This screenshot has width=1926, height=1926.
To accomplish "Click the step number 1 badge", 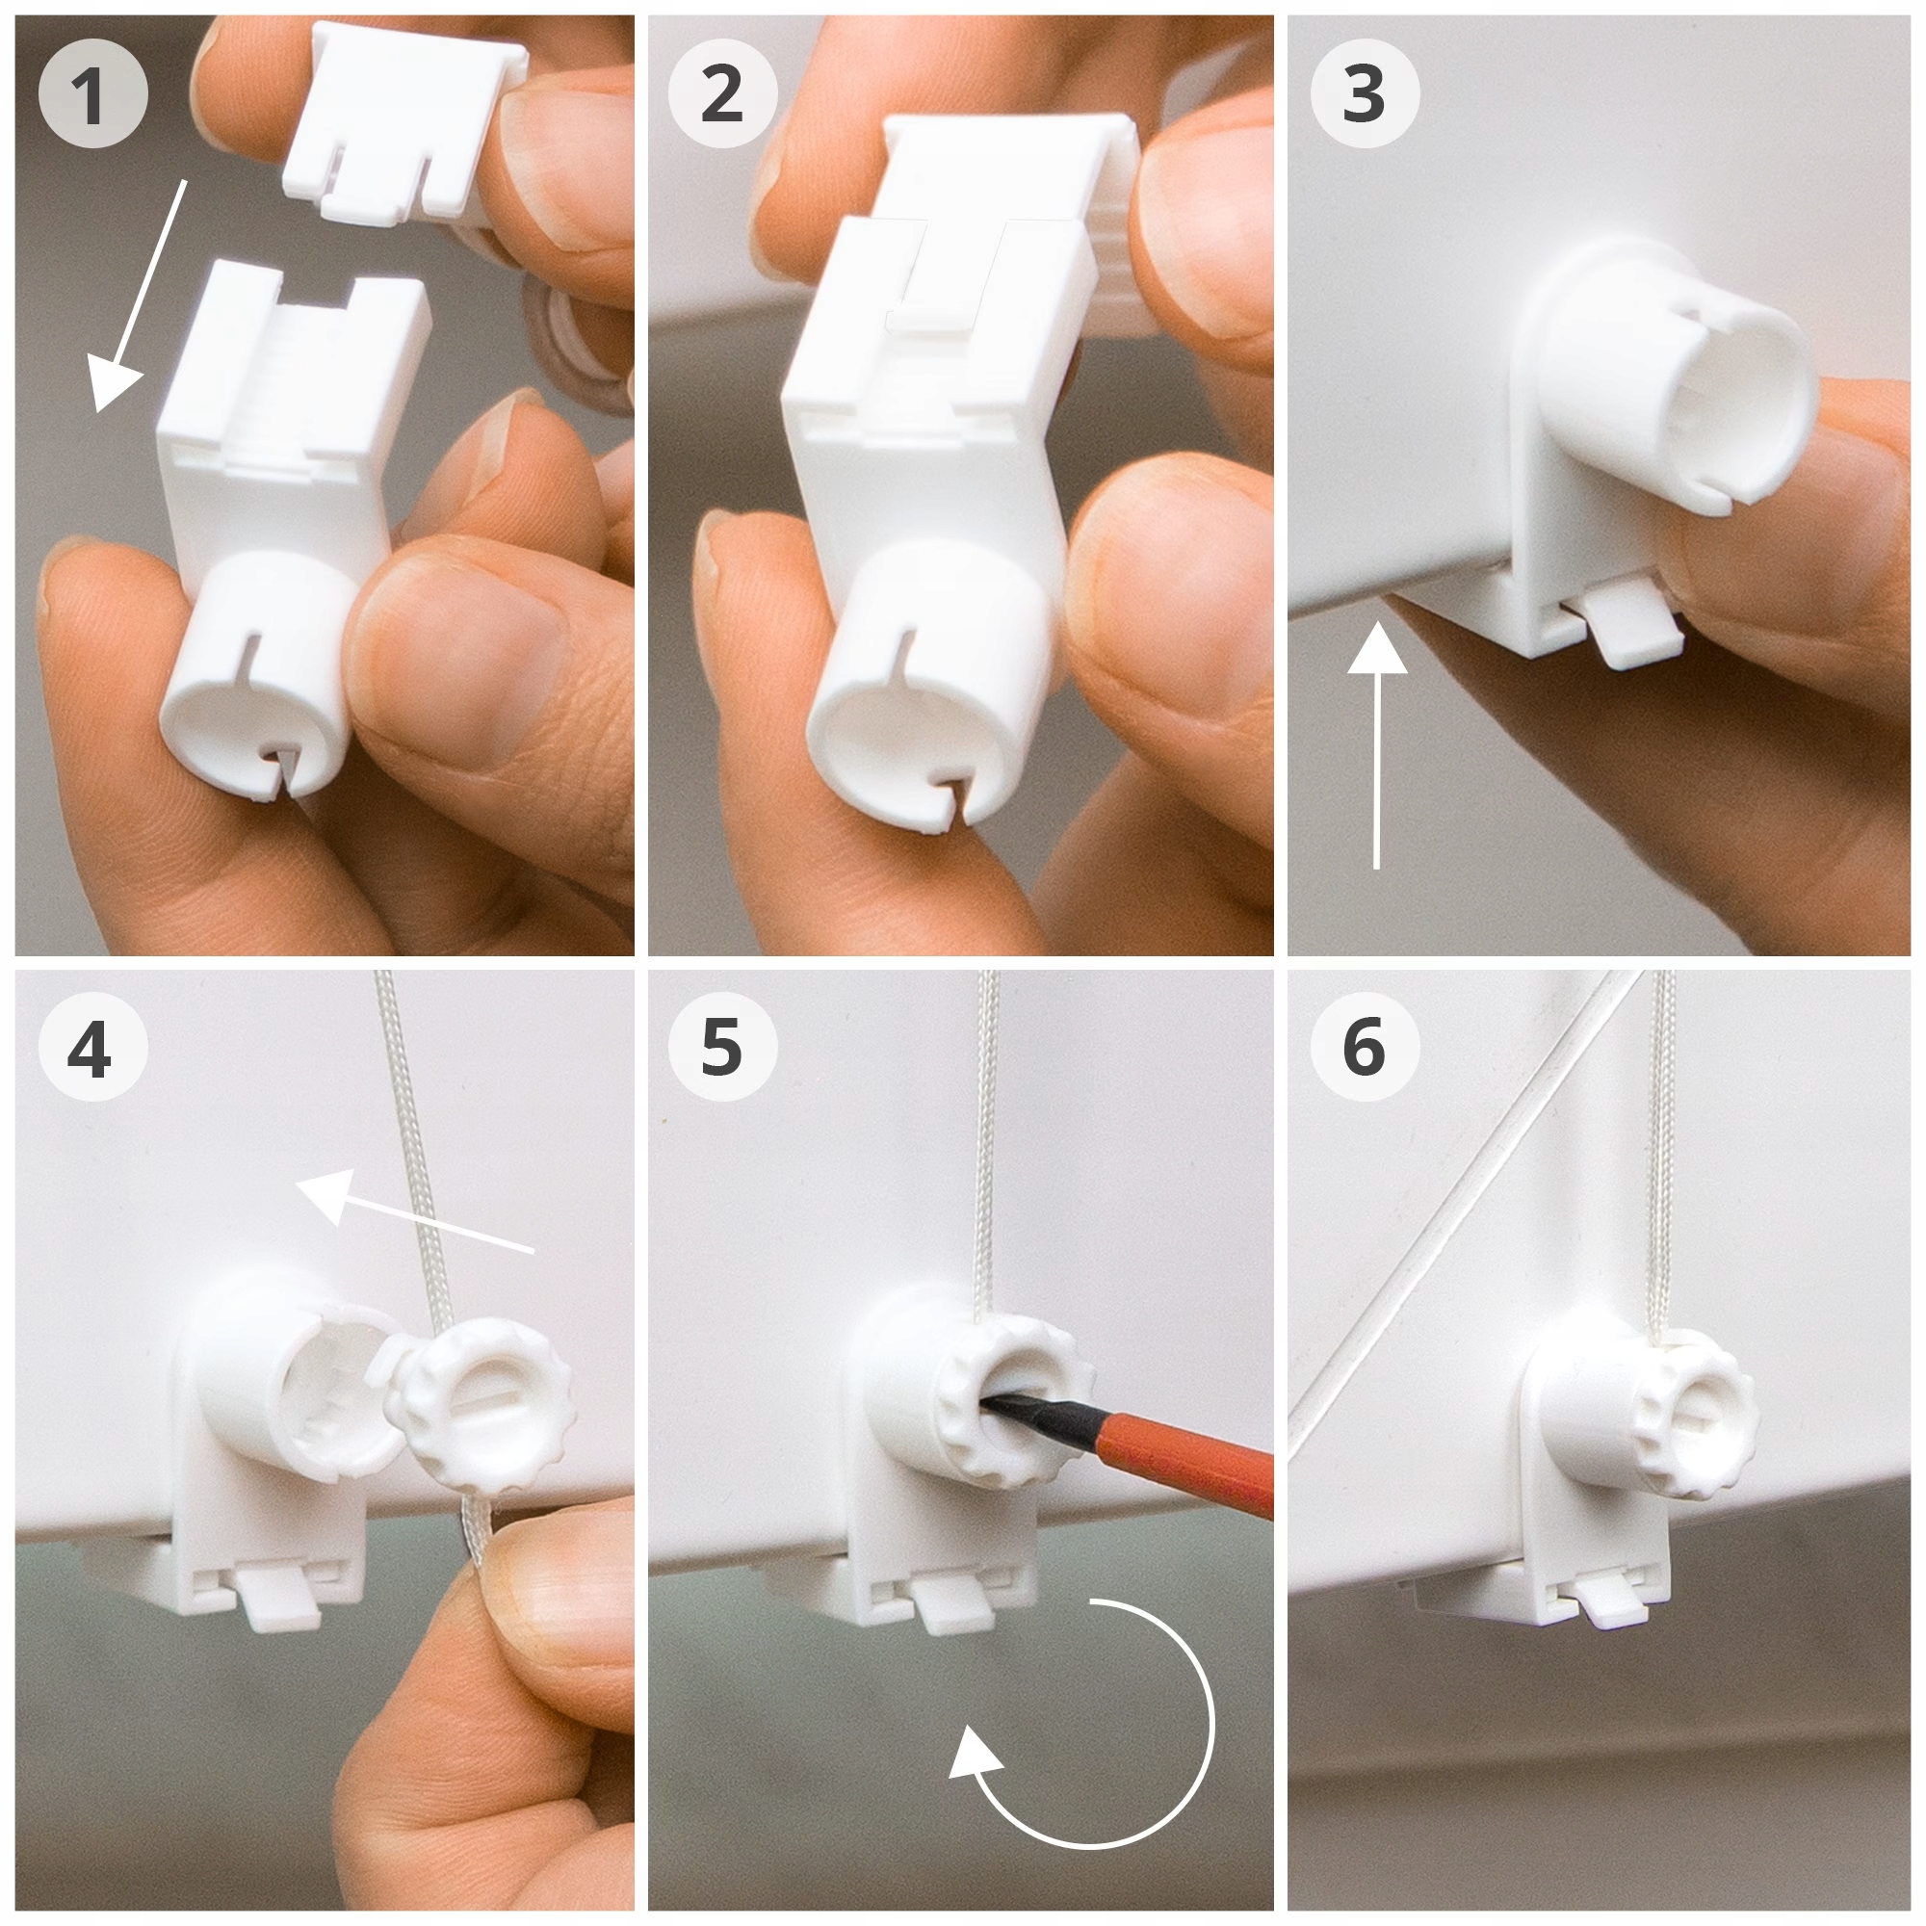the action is tap(92, 94).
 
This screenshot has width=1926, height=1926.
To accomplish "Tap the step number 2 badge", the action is tap(723, 94).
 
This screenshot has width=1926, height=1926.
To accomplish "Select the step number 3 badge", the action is tap(1364, 94).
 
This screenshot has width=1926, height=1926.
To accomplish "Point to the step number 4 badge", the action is tap(92, 1048).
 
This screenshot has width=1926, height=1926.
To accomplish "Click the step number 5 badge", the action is tap(723, 1048).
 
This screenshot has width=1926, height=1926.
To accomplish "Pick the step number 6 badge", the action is tap(1364, 1048).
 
